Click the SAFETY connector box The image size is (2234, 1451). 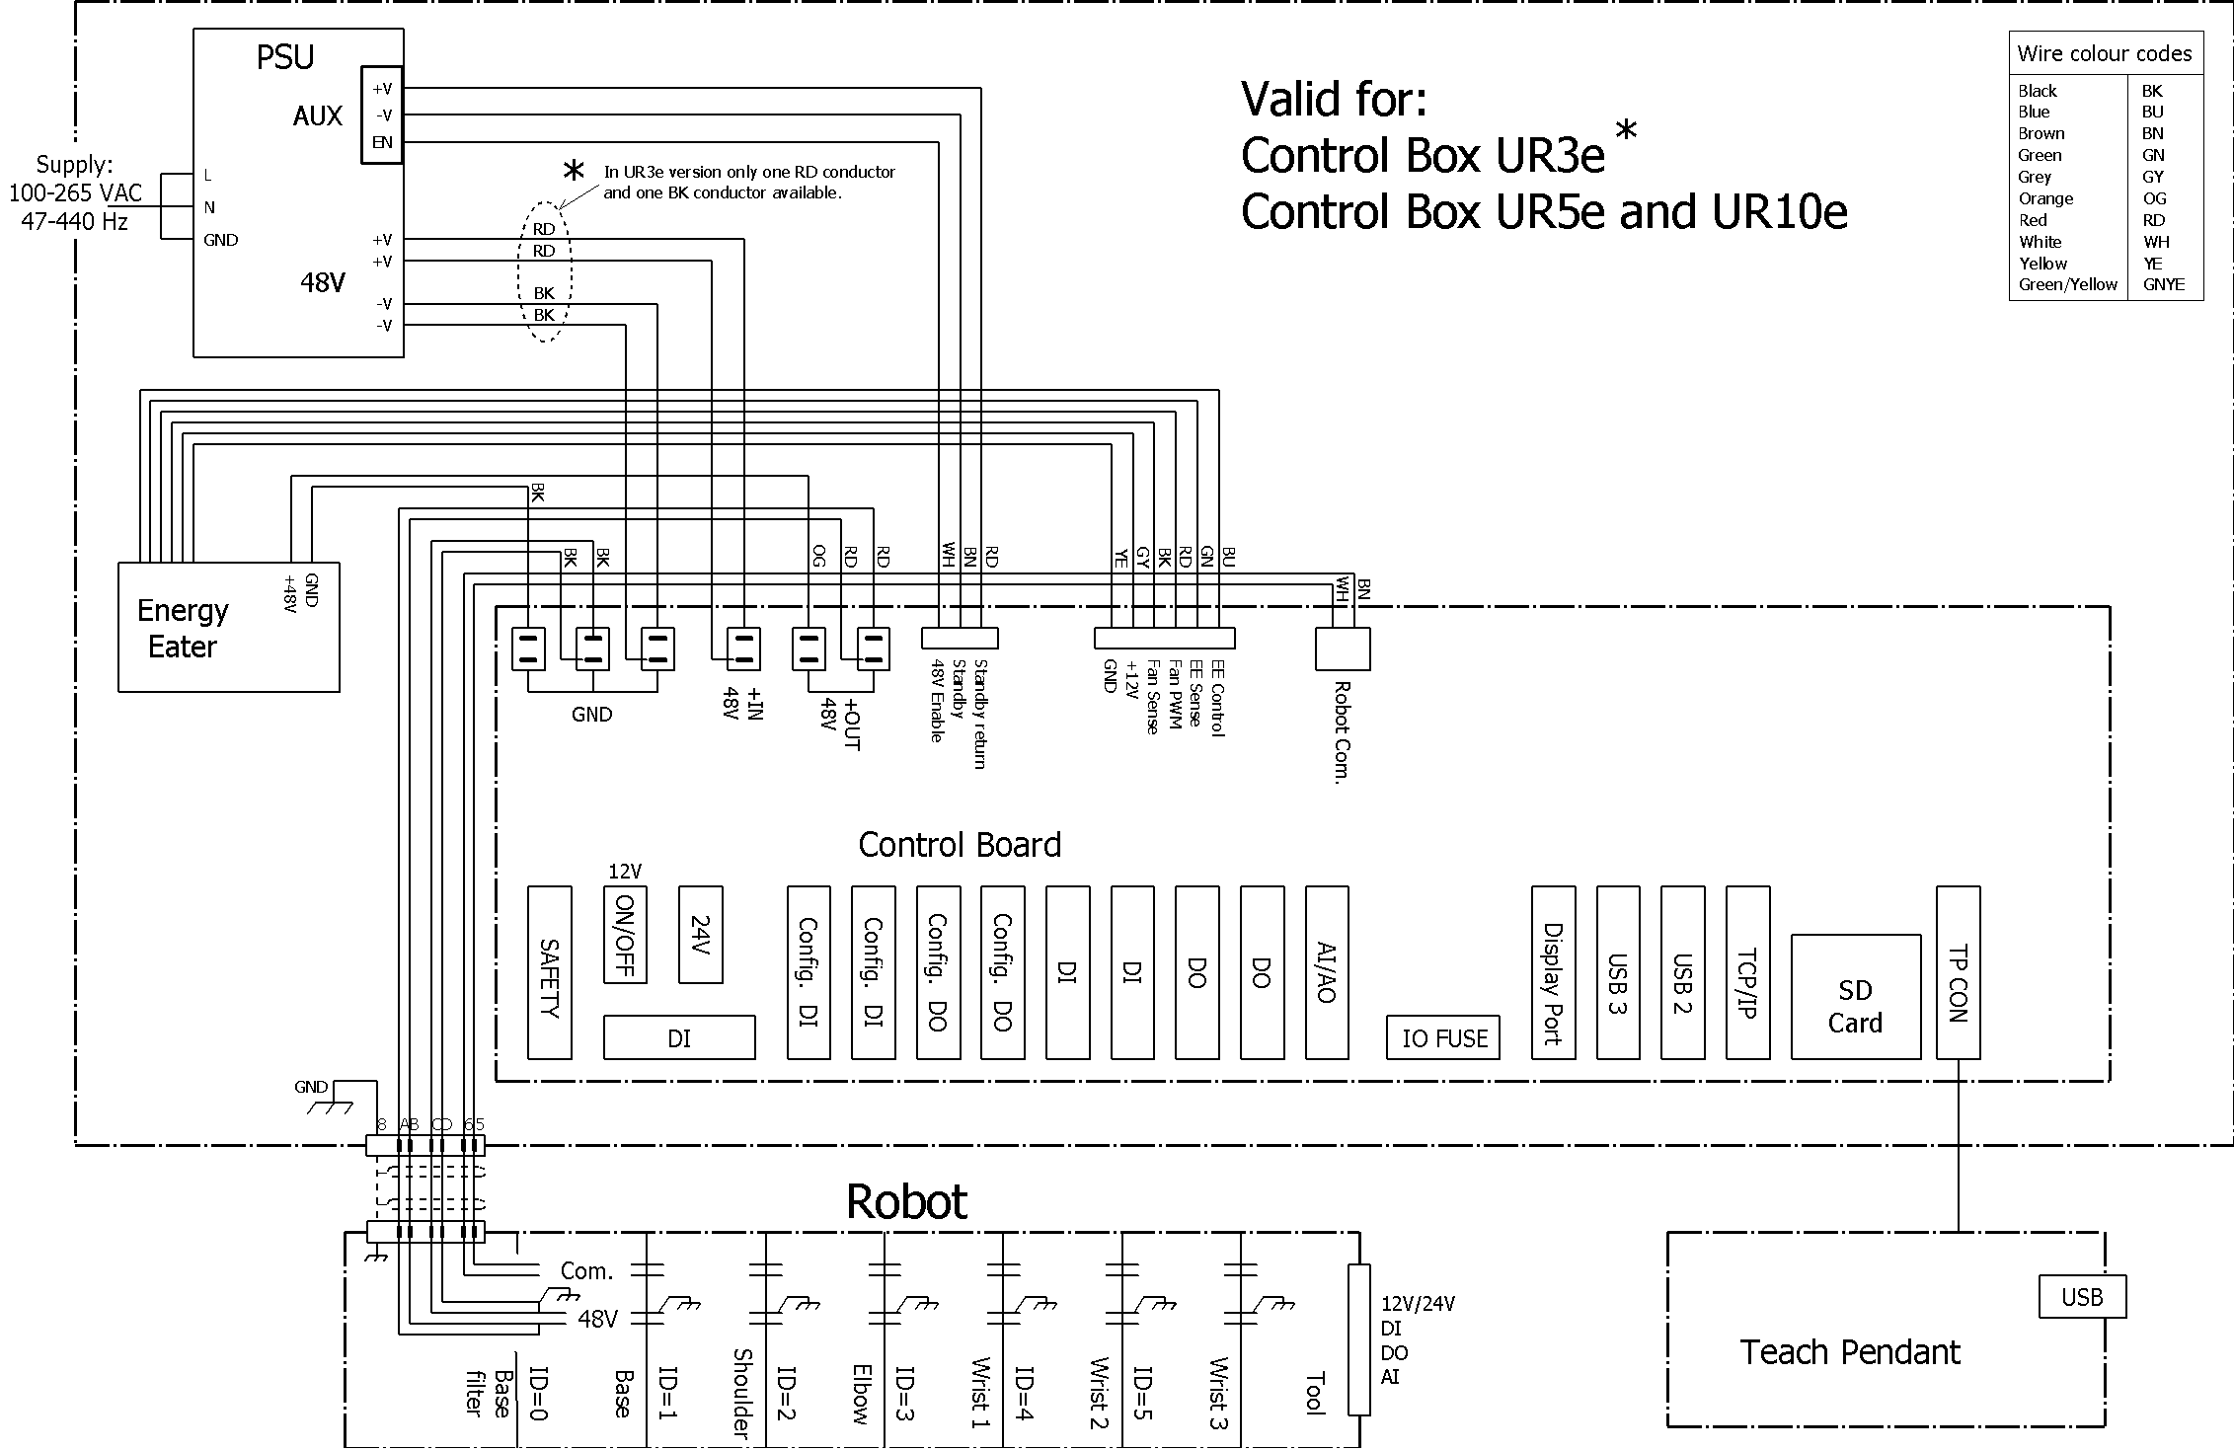click(x=549, y=972)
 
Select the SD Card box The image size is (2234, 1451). click(x=1855, y=997)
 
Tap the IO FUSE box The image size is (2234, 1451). click(x=1442, y=1037)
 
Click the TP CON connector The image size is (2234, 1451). click(x=1957, y=972)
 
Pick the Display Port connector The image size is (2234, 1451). click(x=1552, y=972)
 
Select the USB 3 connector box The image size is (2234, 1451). click(x=1617, y=972)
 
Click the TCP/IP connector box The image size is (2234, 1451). click(x=1746, y=972)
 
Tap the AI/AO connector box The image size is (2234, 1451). click(x=1326, y=972)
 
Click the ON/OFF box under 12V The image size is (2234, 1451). click(x=624, y=934)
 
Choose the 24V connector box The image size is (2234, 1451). click(x=700, y=934)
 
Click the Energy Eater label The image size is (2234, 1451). click(x=183, y=628)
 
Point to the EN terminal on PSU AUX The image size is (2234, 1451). click(x=382, y=142)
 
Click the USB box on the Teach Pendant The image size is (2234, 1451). click(x=2081, y=1297)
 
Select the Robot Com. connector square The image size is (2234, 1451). click(x=1342, y=649)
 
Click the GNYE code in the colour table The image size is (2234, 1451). click(x=2163, y=284)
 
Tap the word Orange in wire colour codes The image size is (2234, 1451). click(x=2045, y=198)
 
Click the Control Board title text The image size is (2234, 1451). click(x=959, y=845)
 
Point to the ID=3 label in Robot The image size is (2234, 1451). click(x=903, y=1392)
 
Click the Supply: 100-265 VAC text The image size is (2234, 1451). click(x=75, y=192)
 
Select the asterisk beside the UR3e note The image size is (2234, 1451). click(x=573, y=172)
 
